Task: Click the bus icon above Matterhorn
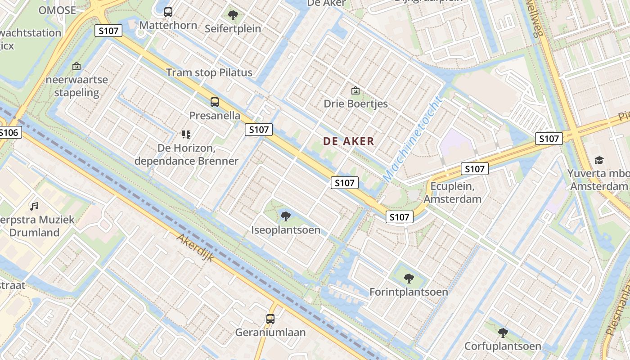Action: (x=168, y=12)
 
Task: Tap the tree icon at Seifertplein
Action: (x=233, y=16)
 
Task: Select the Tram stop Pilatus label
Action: (x=209, y=72)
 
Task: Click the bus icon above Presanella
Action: (x=215, y=102)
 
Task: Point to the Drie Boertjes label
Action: (x=355, y=104)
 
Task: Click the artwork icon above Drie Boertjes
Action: (x=355, y=90)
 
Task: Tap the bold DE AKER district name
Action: (x=349, y=141)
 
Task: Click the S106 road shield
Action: (x=9, y=132)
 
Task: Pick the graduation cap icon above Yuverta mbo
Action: (x=599, y=160)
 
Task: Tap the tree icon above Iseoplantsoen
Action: (x=285, y=216)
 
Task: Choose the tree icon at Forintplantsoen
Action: (x=409, y=278)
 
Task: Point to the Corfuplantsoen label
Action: (x=503, y=346)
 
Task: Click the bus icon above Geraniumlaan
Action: (x=270, y=319)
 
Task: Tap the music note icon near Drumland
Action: (x=34, y=207)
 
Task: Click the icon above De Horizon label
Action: (x=186, y=134)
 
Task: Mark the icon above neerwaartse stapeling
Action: (x=76, y=67)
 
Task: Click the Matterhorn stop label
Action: (x=168, y=25)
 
